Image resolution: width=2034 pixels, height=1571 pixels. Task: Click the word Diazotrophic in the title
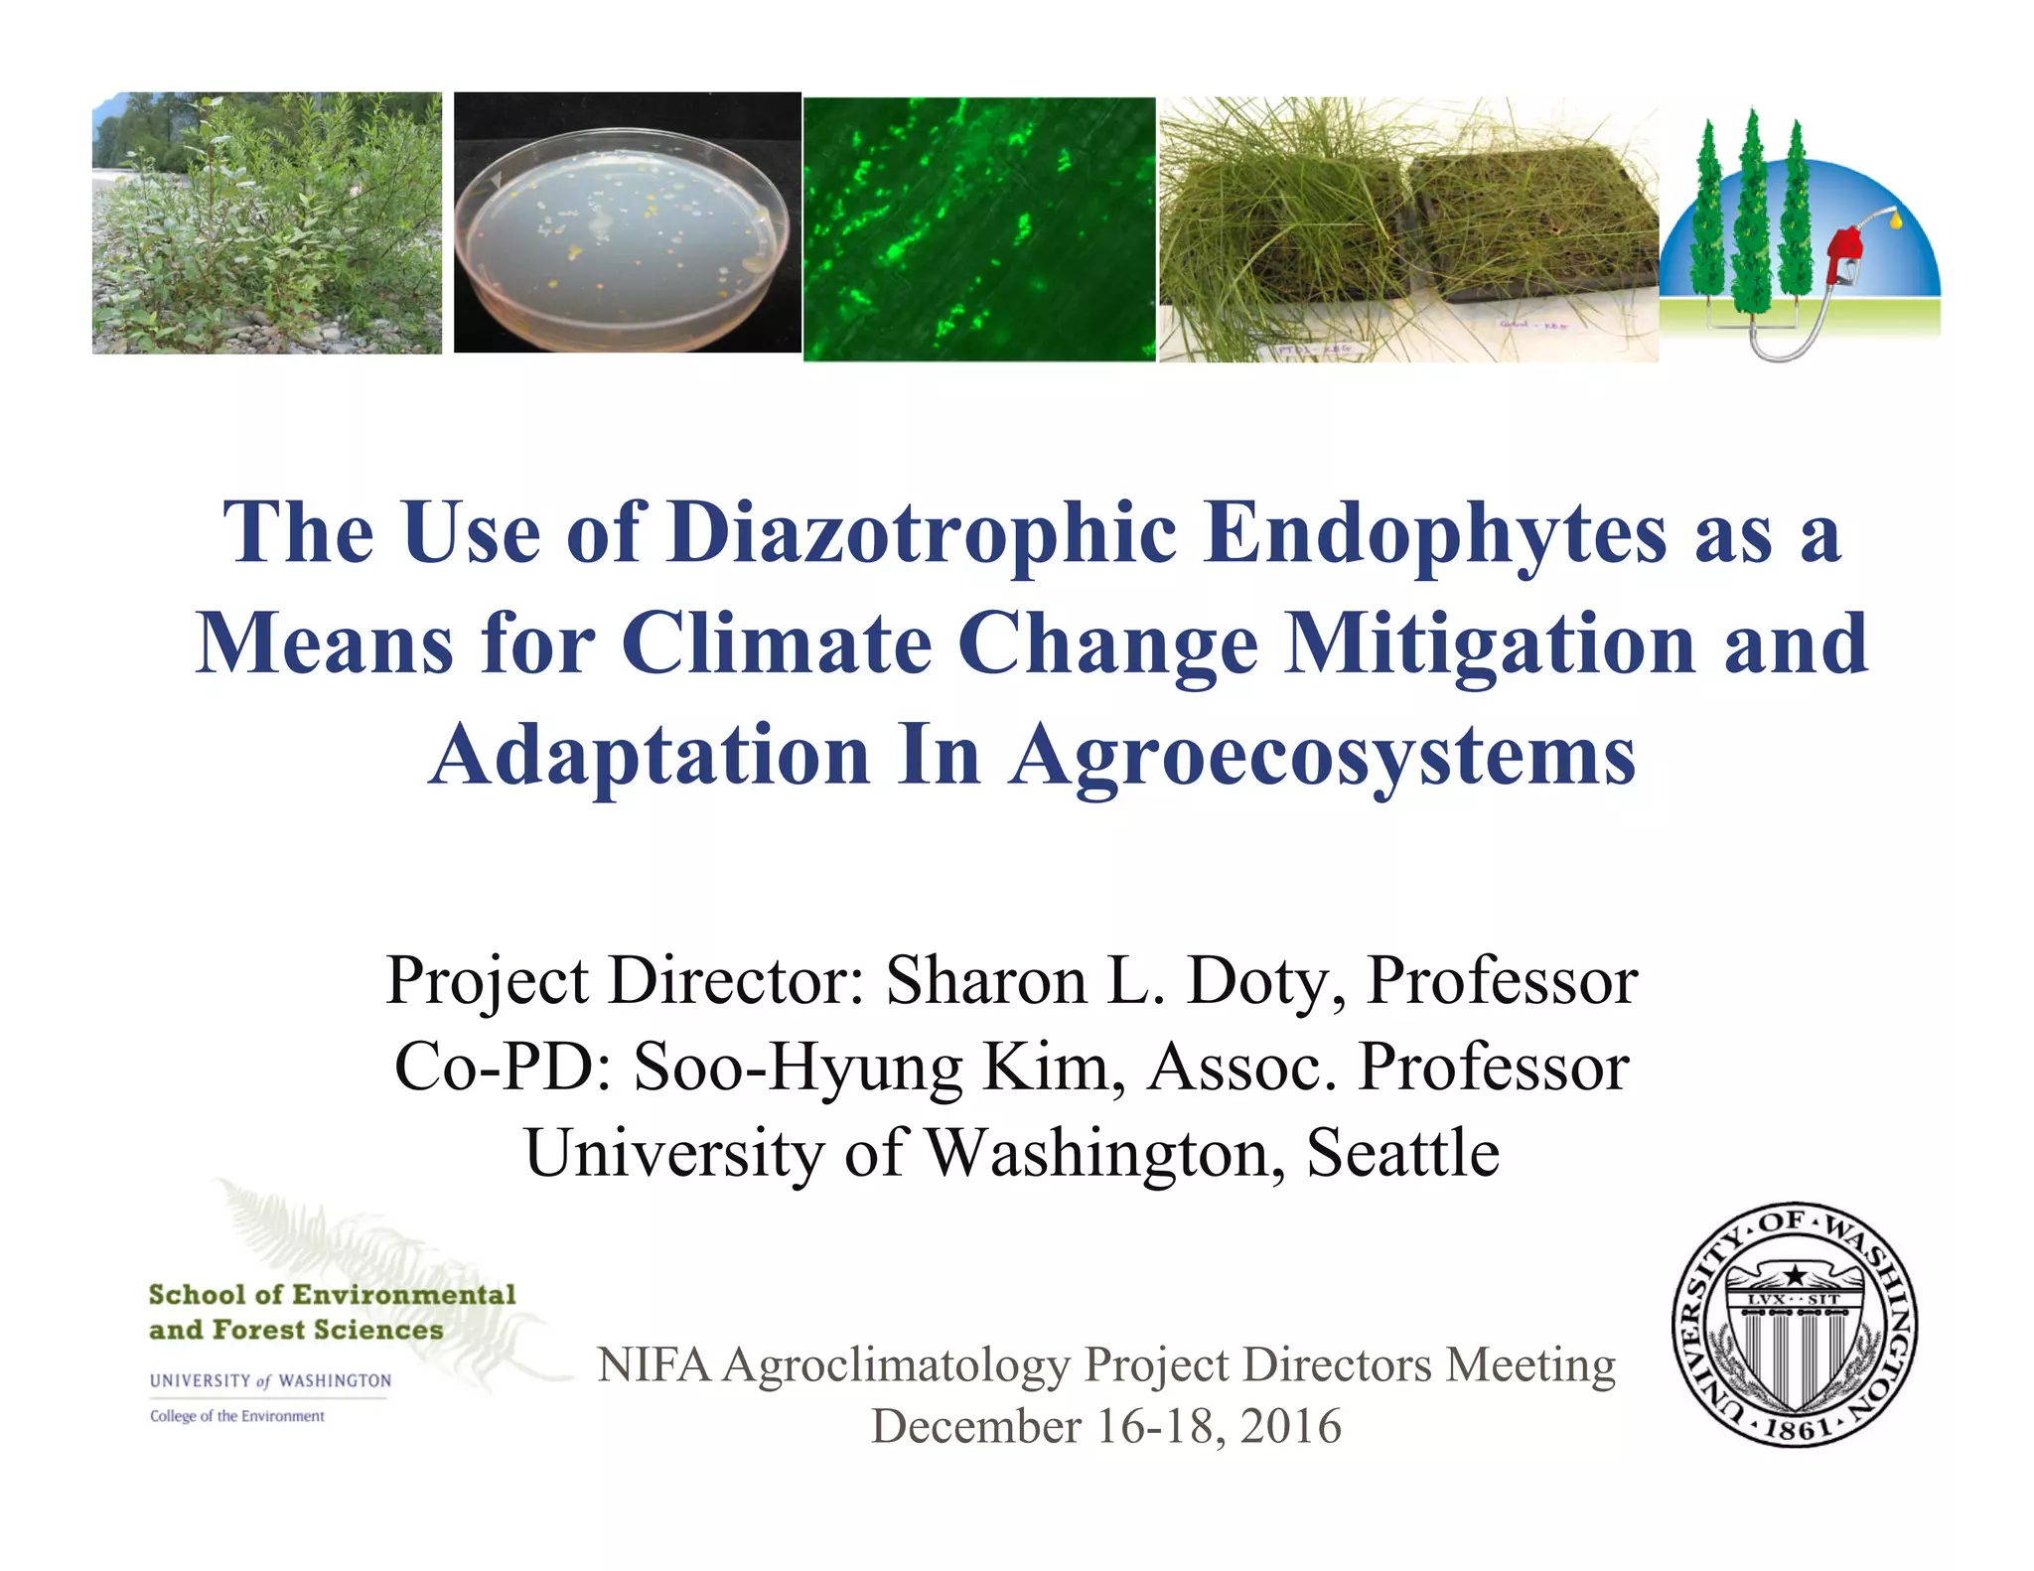(x=922, y=533)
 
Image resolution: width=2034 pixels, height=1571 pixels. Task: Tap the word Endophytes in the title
(x=1434, y=533)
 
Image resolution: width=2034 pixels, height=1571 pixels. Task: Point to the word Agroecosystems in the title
(x=1322, y=755)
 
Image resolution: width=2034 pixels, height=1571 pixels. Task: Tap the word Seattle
(x=1402, y=1153)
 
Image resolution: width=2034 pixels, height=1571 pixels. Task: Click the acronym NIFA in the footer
(x=654, y=1364)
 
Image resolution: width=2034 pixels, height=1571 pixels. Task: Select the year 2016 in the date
(x=1290, y=1426)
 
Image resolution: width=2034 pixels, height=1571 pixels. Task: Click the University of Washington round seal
(x=1795, y=1325)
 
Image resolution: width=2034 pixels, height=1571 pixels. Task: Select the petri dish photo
(x=627, y=222)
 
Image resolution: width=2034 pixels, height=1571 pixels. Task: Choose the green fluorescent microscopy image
(x=979, y=228)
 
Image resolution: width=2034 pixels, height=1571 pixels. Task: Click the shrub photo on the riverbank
(x=266, y=222)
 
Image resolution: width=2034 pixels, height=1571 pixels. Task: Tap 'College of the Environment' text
(x=236, y=1416)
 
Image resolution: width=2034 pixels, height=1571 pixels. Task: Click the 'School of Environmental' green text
(x=332, y=1295)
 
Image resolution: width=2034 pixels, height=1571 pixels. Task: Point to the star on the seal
(x=1795, y=1274)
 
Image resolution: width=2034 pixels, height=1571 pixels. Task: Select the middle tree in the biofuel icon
(x=1754, y=214)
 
